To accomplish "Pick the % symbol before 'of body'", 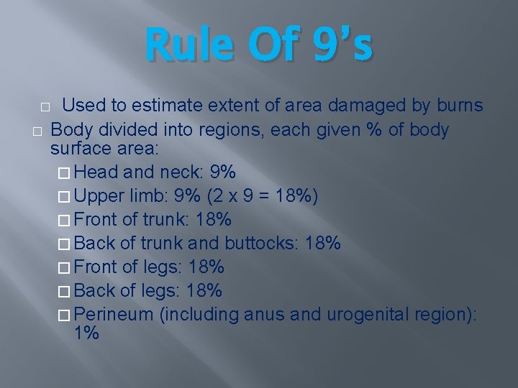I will pyautogui.click(x=375, y=130).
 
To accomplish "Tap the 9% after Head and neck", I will pyautogui.click(x=222, y=173).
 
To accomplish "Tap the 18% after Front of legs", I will pyautogui.click(x=206, y=268).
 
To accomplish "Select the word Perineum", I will pyautogui.click(x=114, y=315).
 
